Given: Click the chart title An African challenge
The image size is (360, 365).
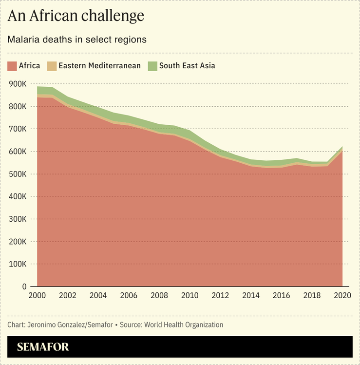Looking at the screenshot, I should (x=76, y=16).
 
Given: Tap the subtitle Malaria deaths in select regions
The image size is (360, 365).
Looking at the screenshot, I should (x=77, y=39).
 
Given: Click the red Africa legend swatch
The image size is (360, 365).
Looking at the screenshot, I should (x=12, y=66).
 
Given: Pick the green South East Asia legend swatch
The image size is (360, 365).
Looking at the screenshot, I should (x=152, y=66).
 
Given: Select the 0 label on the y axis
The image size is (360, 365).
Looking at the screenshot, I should (x=24, y=287).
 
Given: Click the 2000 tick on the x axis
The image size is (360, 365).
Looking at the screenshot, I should (x=37, y=295).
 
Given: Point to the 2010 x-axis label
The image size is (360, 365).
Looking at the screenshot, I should (x=189, y=295).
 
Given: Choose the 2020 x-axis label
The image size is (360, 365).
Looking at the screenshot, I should (x=342, y=295).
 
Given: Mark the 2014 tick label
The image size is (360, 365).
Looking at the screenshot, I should (x=250, y=295).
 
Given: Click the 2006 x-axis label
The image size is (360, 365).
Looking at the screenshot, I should (x=129, y=295).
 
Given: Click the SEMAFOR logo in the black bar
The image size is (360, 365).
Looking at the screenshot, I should (x=43, y=347).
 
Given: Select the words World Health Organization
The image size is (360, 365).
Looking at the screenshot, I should (x=184, y=325).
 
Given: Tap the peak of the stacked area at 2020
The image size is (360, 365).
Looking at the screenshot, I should (x=342, y=147).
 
